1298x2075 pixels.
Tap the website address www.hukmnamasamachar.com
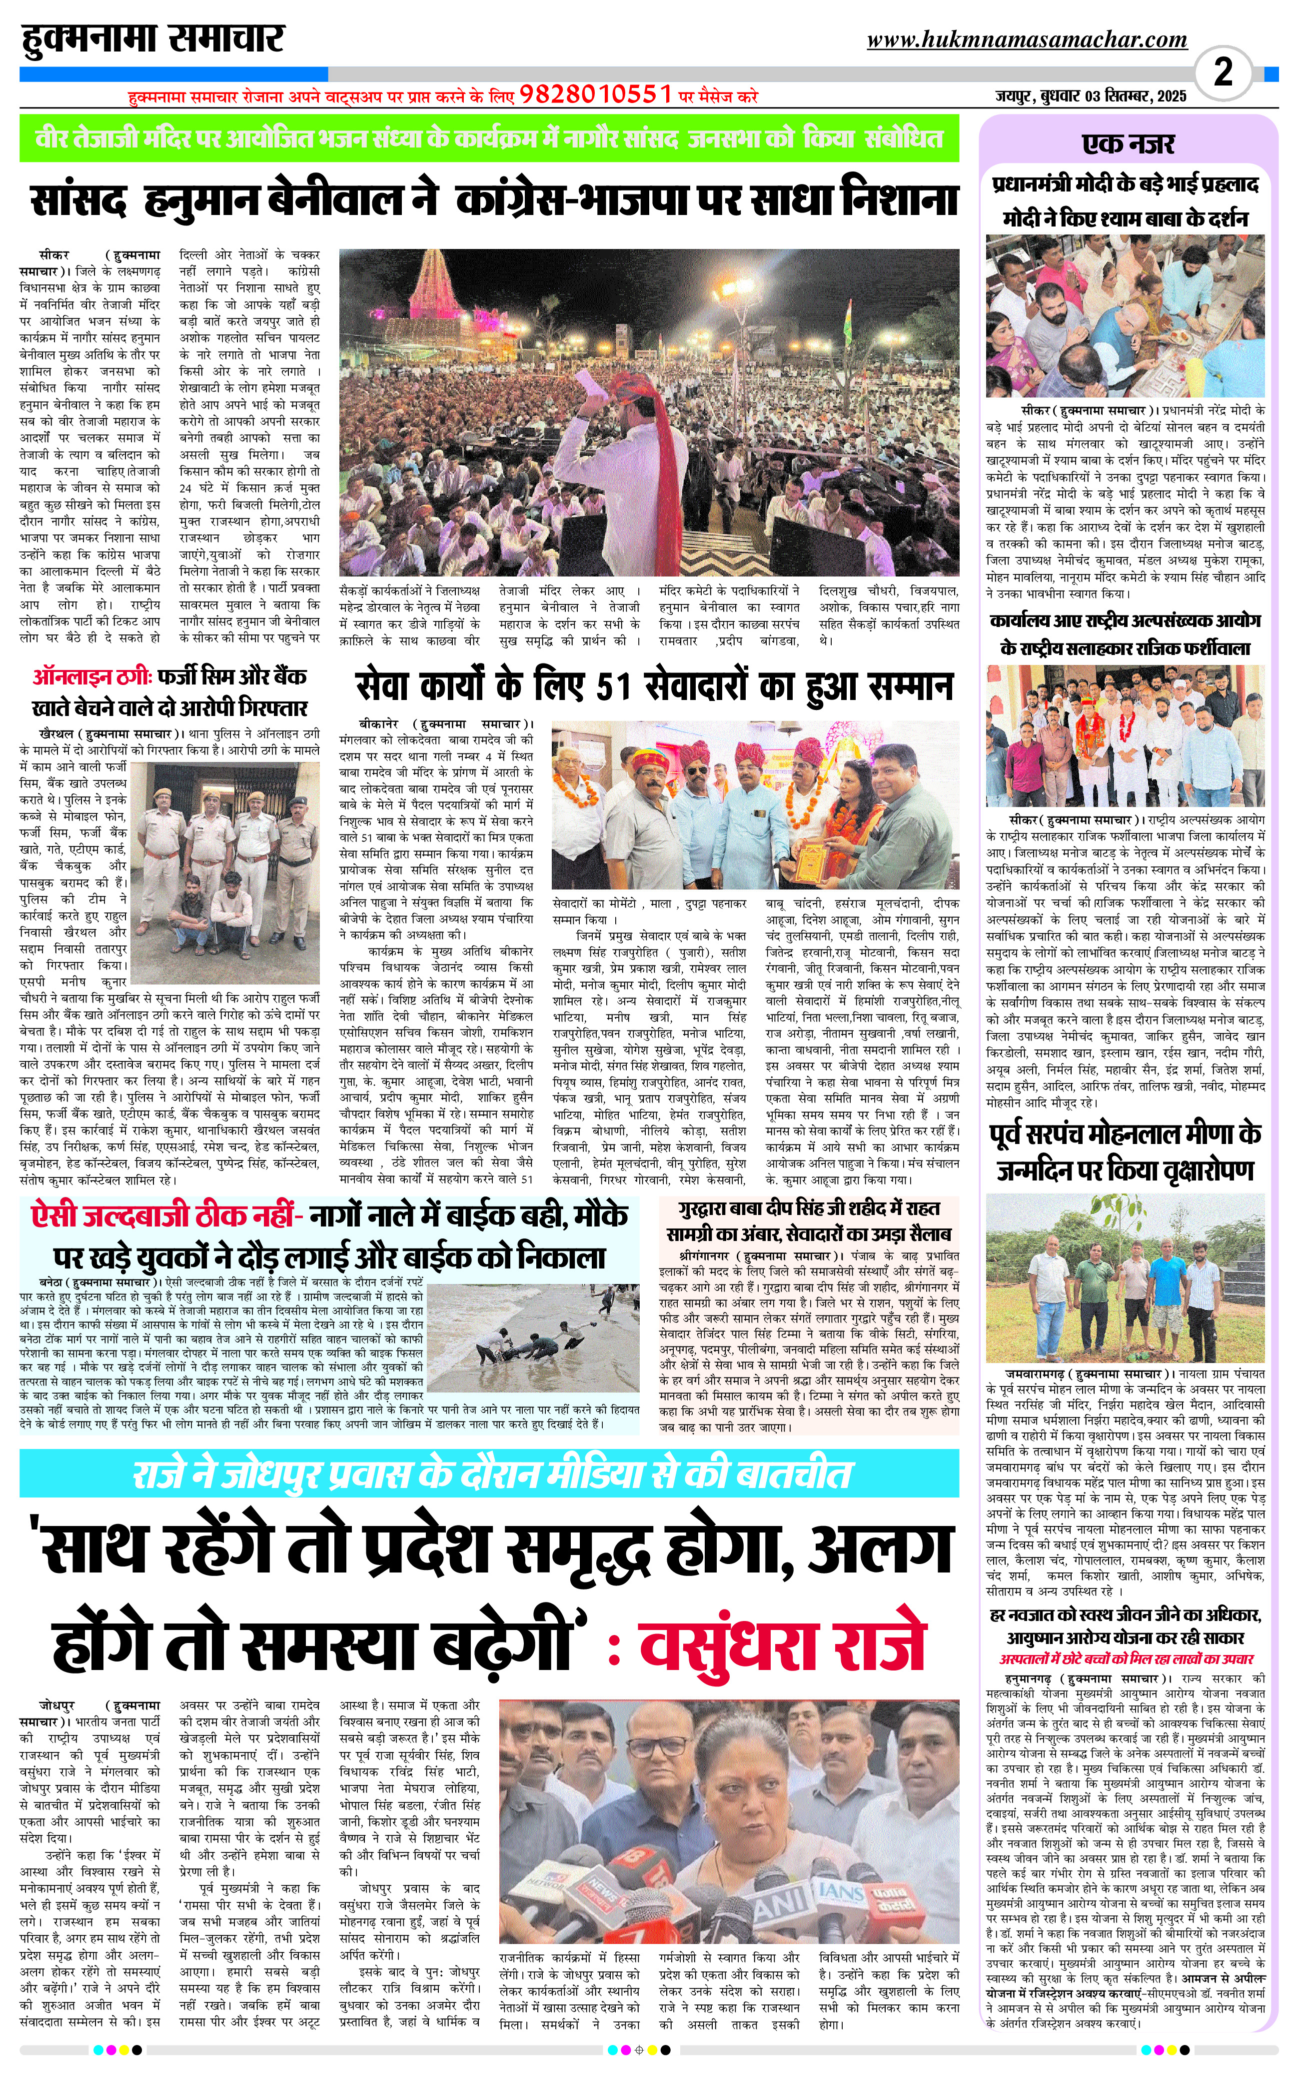[x=1027, y=40]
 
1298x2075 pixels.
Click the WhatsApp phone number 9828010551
[x=595, y=94]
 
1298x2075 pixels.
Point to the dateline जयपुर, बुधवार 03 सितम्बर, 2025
[x=1090, y=95]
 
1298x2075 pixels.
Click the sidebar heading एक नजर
[x=1128, y=143]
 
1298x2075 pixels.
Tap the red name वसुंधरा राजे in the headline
[x=783, y=1643]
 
